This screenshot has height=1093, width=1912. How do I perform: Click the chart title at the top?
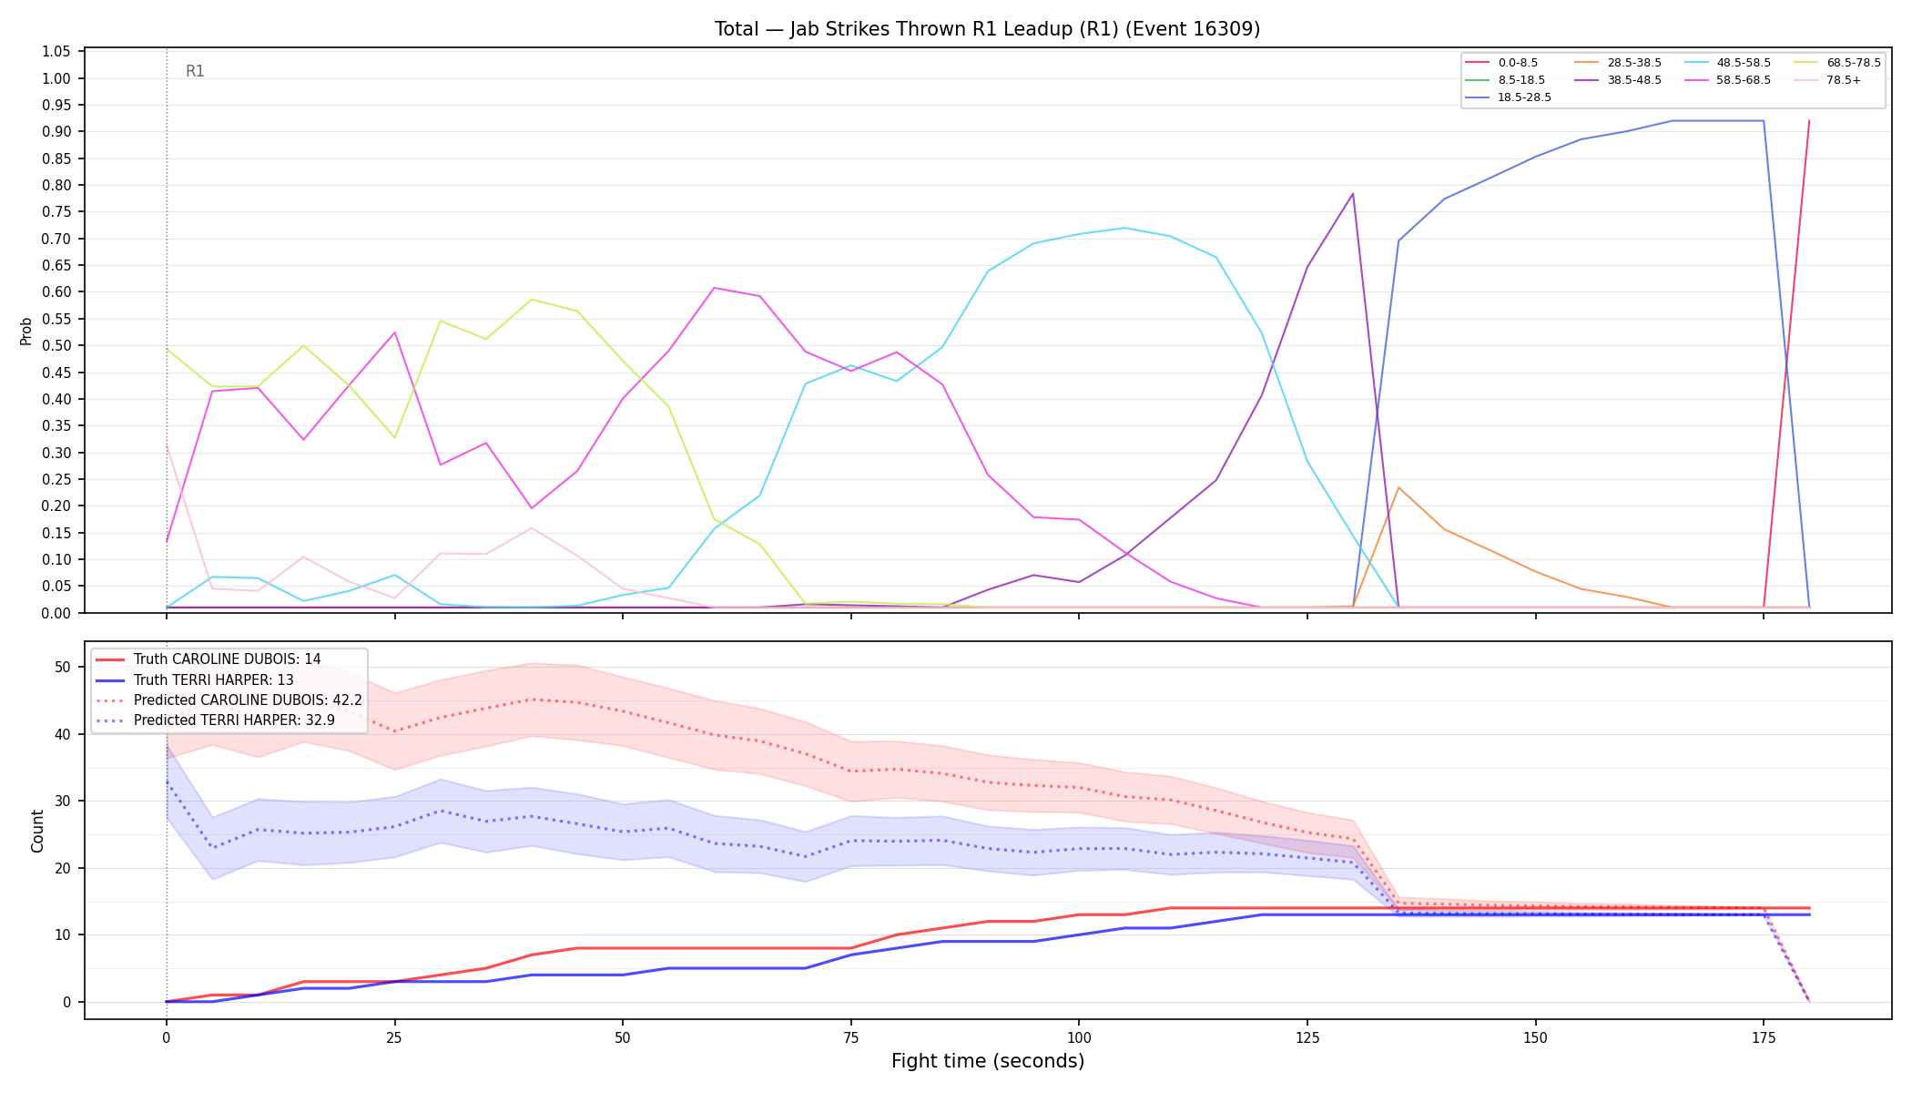[x=987, y=29]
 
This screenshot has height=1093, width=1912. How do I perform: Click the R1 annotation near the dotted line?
[x=195, y=71]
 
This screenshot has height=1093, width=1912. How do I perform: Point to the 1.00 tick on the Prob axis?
[x=56, y=78]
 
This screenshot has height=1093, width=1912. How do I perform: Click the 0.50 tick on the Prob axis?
[x=56, y=345]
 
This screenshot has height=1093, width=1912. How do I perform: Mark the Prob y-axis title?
[x=25, y=331]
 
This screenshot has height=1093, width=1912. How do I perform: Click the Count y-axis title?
[x=37, y=831]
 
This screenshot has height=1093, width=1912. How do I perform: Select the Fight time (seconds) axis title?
[x=988, y=1061]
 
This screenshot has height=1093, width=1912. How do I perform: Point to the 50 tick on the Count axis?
[x=62, y=667]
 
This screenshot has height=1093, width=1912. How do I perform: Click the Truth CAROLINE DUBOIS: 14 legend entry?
[x=227, y=659]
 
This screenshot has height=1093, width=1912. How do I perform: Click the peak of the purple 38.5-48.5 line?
[x=1353, y=193]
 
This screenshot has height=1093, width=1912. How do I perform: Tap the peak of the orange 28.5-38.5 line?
[x=1398, y=487]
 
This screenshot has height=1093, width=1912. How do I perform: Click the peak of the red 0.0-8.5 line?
[x=1809, y=120]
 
